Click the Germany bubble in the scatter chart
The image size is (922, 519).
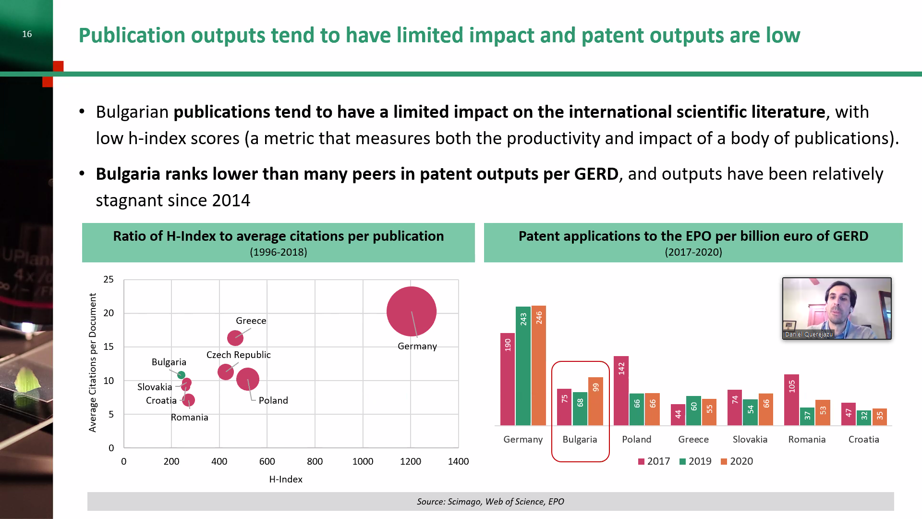[x=411, y=311]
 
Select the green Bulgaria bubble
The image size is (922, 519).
[x=181, y=375]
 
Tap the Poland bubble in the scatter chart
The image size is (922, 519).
[x=248, y=379]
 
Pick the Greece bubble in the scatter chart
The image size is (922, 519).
[x=235, y=338]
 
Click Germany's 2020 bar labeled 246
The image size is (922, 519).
[x=539, y=365]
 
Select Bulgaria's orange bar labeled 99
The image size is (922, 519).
[x=595, y=401]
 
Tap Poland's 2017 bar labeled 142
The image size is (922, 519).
[x=621, y=390]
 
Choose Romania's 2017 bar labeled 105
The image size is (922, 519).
[x=791, y=399]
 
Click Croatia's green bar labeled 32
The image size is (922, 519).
[x=864, y=418]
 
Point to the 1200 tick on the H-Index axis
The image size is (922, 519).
[x=411, y=461]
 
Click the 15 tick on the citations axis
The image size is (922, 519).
[x=109, y=346]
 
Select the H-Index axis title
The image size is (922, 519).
[x=286, y=479]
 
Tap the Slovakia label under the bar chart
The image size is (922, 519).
[x=750, y=439]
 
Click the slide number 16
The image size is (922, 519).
[x=27, y=34]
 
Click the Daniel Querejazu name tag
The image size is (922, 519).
[x=809, y=334]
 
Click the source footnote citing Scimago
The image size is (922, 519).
[x=490, y=501]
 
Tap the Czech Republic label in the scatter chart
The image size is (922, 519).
[x=239, y=355]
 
